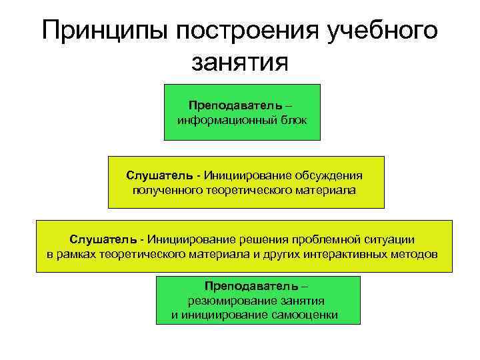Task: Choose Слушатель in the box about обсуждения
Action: click(159, 175)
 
